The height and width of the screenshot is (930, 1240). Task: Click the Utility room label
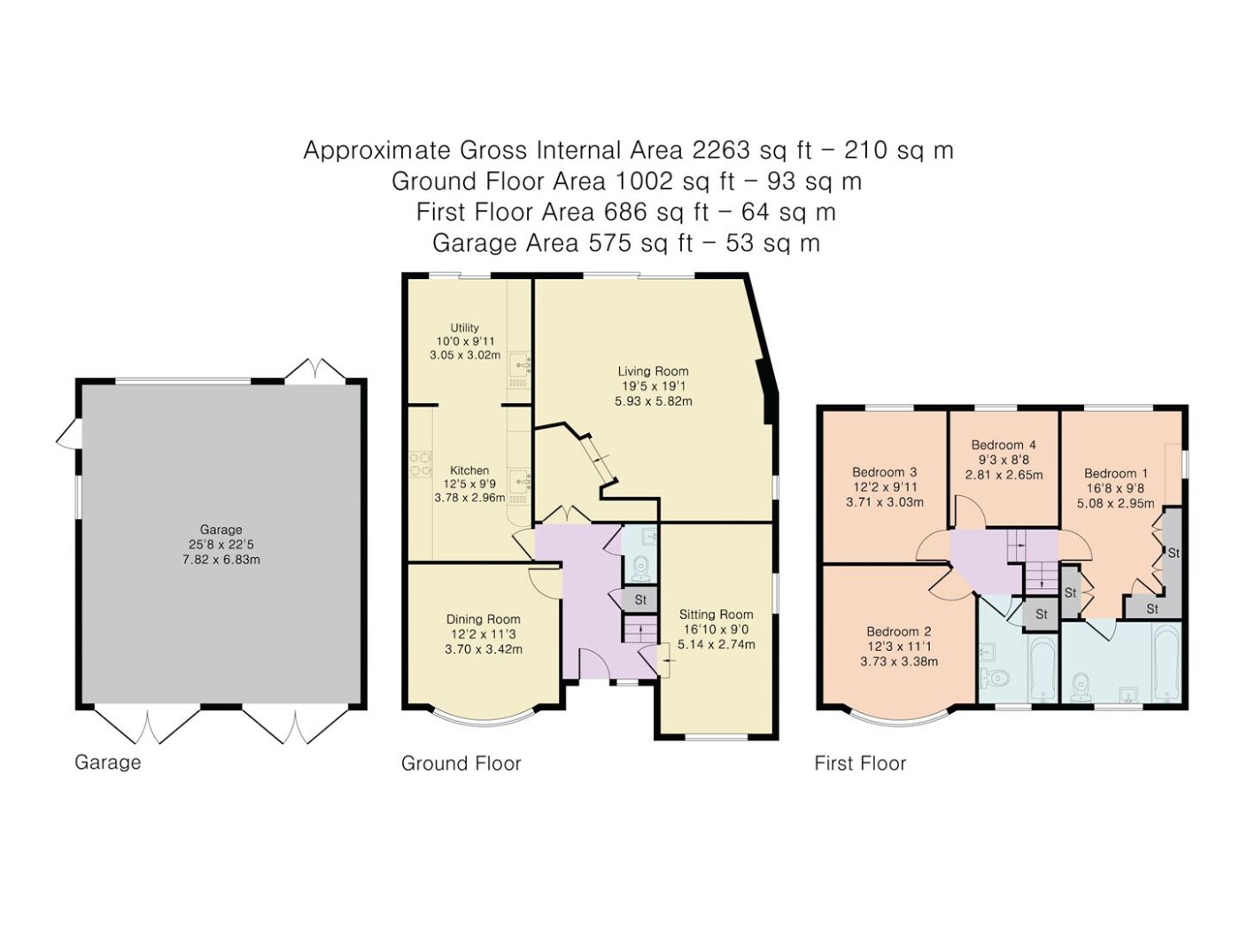click(464, 328)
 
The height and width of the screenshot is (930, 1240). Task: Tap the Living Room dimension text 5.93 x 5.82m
click(653, 401)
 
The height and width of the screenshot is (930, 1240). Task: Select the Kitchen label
click(469, 470)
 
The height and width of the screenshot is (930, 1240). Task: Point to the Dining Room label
click(483, 619)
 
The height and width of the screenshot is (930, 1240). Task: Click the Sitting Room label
click(716, 615)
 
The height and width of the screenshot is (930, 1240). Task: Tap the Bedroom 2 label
click(899, 632)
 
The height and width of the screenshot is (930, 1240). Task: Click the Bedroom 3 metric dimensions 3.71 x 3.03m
click(885, 502)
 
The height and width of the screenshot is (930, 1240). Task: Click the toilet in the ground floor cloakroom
click(640, 569)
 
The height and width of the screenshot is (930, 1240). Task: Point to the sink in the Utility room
click(520, 364)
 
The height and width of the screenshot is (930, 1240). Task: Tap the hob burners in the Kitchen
click(421, 462)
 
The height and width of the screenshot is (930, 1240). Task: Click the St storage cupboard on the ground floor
click(639, 600)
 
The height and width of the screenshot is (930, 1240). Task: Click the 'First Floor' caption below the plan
click(860, 763)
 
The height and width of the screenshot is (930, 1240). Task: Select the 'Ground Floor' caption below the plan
click(461, 763)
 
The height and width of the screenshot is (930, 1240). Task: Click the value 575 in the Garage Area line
click(611, 244)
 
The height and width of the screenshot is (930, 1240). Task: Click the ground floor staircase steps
click(641, 630)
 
